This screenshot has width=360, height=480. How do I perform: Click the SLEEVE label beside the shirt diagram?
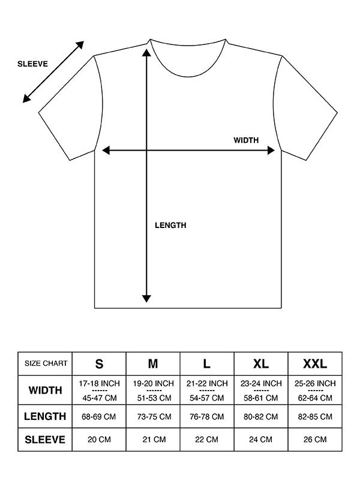tap(32, 64)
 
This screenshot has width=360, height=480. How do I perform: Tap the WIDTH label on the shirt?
tap(246, 140)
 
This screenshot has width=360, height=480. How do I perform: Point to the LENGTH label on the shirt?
tap(170, 226)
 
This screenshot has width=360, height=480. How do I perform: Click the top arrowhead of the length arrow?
tap(146, 51)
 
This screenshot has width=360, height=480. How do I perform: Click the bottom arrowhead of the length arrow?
tap(146, 298)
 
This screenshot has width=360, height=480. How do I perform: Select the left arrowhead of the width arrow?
tap(106, 151)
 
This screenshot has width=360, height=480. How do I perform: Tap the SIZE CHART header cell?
tap(45, 364)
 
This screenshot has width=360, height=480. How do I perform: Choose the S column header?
tap(99, 364)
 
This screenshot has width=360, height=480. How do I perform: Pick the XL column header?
tap(261, 364)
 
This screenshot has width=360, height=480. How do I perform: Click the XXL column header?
tap(315, 364)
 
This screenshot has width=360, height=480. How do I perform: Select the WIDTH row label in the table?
tap(45, 390)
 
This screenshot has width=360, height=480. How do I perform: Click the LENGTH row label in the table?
tap(45, 416)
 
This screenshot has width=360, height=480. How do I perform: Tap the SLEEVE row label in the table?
tap(45, 439)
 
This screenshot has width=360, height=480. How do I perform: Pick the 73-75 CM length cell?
tap(153, 416)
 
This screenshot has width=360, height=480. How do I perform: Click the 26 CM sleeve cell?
tap(315, 439)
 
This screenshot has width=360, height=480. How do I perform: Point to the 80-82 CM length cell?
tap(261, 416)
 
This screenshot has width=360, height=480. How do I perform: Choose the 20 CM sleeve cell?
tap(99, 439)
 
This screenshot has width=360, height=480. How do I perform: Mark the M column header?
tap(153, 364)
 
